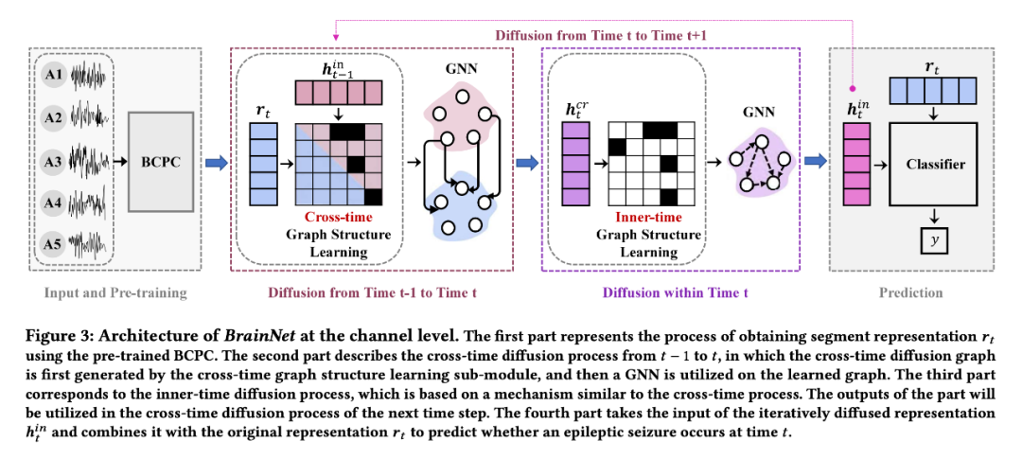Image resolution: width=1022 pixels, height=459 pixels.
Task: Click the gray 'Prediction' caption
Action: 909,292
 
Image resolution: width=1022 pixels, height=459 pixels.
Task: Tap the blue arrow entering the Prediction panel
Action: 814,163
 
